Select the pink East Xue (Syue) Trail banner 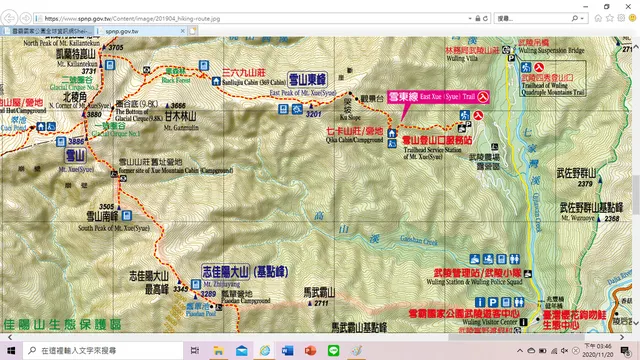click(431, 96)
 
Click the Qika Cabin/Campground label click(355, 141)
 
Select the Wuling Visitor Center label click(491, 322)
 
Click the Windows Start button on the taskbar click(9, 351)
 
